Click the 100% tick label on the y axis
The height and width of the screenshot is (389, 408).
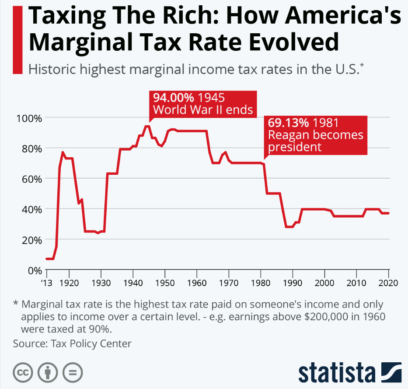[x=28, y=118]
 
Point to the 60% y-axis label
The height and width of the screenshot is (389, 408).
[x=31, y=179]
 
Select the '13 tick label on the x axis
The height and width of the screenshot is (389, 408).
[x=47, y=283]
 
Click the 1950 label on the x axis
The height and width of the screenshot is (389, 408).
[x=165, y=283]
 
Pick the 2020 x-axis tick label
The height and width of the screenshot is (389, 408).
[x=388, y=283]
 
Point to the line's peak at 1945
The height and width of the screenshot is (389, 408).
[x=147, y=126]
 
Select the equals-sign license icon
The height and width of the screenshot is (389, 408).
[x=73, y=373]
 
